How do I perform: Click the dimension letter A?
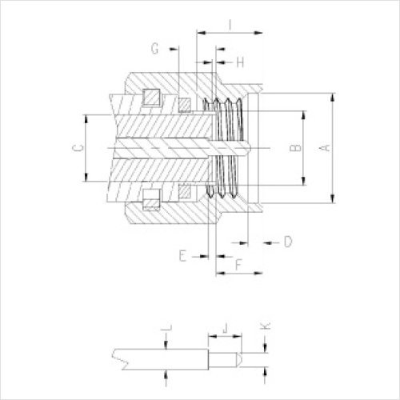pyautogui.click(x=325, y=147)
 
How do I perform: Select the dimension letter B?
pyautogui.click(x=295, y=147)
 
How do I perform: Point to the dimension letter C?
pyautogui.click(x=78, y=147)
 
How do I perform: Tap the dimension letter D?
pyautogui.click(x=288, y=242)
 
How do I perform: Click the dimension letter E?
pyautogui.click(x=182, y=256)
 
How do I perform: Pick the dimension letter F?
pyautogui.click(x=238, y=265)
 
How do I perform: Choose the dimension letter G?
pyautogui.click(x=155, y=49)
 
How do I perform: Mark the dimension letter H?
pyautogui.click(x=240, y=62)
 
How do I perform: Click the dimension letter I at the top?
pyautogui.click(x=230, y=24)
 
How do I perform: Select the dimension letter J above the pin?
pyautogui.click(x=226, y=328)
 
